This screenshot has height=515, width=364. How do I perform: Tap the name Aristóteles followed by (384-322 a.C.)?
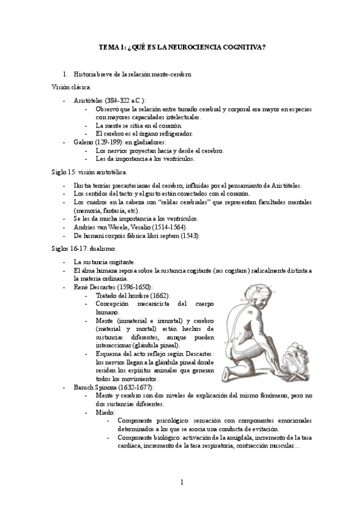click(88, 100)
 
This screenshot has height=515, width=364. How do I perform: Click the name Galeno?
click(84, 142)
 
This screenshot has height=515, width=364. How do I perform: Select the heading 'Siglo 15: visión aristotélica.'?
click(89, 172)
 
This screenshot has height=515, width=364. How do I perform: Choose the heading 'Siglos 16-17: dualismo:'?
click(83, 248)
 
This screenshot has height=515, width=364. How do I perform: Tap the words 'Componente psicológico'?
click(151, 420)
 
